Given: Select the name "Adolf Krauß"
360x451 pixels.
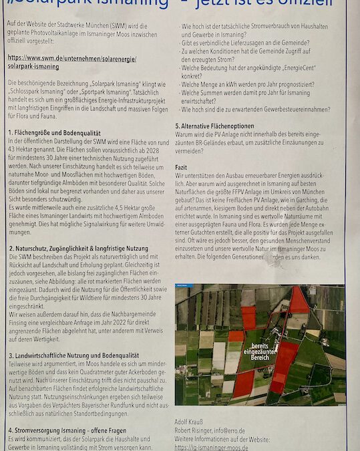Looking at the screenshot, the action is pos(190,423).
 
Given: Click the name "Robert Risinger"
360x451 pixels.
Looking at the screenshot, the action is pos(194,431).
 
